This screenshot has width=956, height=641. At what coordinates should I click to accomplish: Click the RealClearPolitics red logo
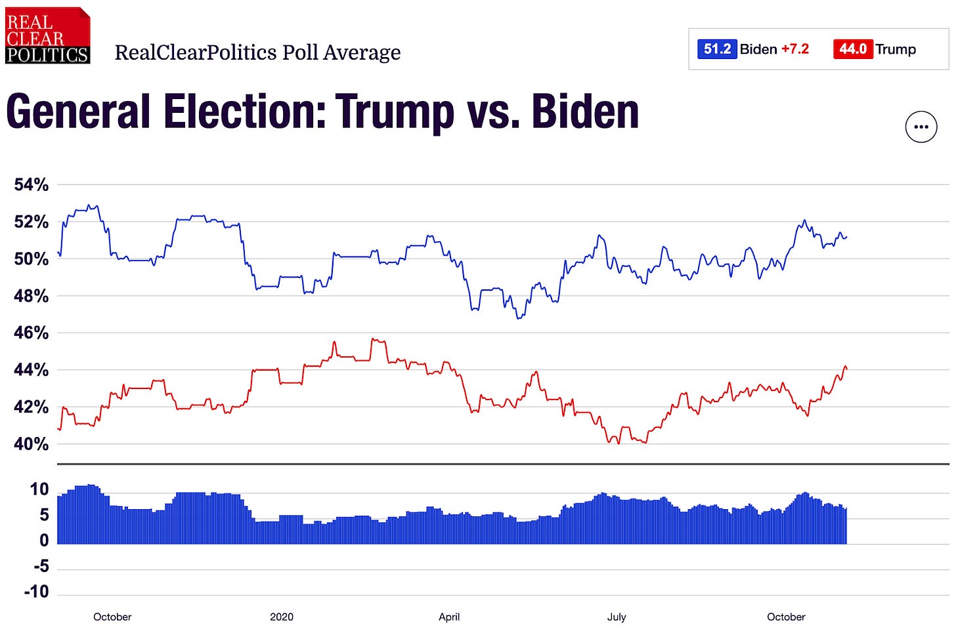47,35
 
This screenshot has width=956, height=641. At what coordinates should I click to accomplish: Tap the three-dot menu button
921,127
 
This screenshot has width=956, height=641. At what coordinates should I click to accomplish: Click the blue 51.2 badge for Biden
716,49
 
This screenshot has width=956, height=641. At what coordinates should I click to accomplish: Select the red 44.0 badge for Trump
852,49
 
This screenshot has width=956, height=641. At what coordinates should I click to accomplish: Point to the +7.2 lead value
794,49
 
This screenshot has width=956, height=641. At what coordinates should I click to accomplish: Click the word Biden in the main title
585,112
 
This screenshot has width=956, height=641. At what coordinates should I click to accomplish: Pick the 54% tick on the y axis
32,185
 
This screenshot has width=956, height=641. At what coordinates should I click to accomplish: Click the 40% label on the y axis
32,444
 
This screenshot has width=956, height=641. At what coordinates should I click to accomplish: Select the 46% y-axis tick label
32,333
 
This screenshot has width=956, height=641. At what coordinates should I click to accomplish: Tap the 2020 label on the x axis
282,617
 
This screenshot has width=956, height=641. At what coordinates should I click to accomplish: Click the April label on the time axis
449,617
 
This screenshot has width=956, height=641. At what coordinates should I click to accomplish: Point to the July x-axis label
617,617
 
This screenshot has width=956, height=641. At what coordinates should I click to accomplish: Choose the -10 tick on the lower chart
35,592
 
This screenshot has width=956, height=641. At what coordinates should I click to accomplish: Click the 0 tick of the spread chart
44,541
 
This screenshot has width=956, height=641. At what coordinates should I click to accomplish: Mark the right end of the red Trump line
847,369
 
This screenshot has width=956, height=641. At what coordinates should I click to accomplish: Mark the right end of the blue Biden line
847,237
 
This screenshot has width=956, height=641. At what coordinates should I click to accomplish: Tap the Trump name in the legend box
895,49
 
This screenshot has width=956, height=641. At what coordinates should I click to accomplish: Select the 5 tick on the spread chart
44,515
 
